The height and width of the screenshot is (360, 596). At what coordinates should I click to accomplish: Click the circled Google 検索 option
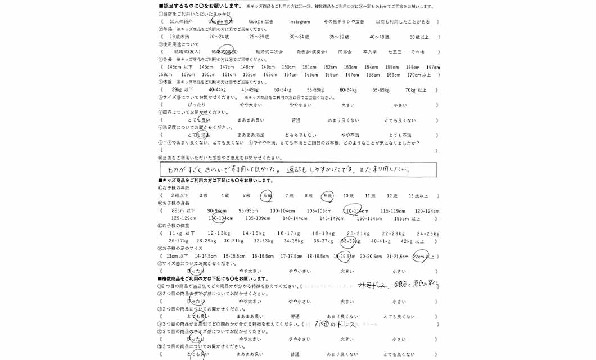(x=220, y=21)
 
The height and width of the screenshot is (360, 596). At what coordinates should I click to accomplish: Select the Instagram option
(x=299, y=21)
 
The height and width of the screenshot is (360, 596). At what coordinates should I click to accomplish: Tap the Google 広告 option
(x=260, y=21)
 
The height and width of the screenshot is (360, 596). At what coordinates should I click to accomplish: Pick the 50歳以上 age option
(x=419, y=37)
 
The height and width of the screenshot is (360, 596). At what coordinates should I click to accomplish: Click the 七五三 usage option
(x=395, y=52)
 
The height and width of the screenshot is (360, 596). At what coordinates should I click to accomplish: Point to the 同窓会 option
(x=345, y=52)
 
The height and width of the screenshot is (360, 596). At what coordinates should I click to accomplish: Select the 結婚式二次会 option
(x=269, y=52)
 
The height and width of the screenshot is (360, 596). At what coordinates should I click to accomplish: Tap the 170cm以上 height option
(x=419, y=74)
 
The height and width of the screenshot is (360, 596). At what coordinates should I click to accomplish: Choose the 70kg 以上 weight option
(x=416, y=89)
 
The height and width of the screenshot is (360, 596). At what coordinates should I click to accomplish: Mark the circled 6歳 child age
(x=267, y=196)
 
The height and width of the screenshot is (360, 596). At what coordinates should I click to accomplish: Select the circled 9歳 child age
(x=327, y=196)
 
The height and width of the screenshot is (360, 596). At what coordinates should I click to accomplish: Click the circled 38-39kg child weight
(x=350, y=241)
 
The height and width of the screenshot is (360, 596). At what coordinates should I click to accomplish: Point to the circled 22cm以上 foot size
(x=422, y=256)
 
